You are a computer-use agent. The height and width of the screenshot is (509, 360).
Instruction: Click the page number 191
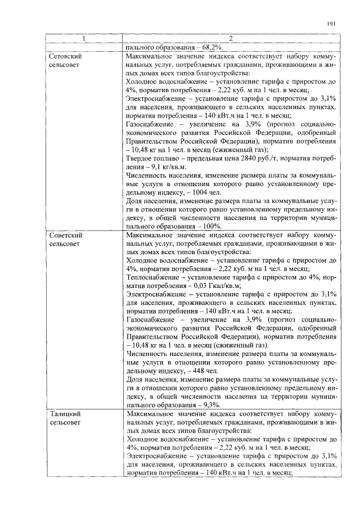(x=331, y=24)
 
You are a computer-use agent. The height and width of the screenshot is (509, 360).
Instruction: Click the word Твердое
(x=141, y=159)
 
